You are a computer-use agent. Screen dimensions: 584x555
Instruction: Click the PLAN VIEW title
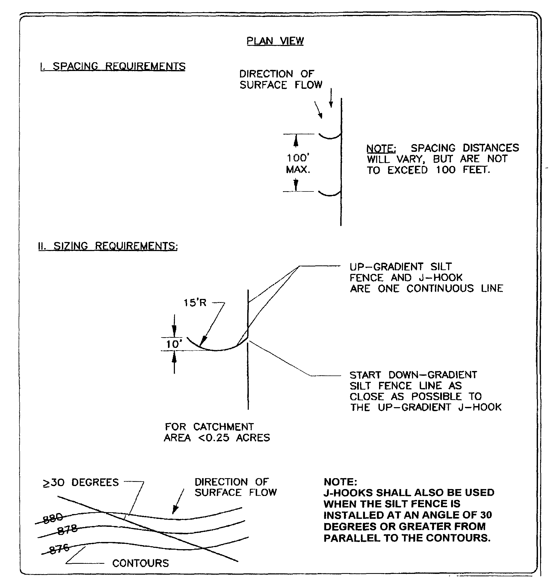pos(275,41)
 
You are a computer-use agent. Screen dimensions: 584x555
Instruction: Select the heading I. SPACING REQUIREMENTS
pos(113,66)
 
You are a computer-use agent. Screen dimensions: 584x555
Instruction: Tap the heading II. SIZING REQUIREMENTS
pos(108,246)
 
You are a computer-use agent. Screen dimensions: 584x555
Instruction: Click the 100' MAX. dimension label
pos(298,163)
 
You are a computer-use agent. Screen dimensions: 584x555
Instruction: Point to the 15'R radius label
pos(195,303)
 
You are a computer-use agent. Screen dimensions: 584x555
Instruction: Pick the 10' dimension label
pos(174,344)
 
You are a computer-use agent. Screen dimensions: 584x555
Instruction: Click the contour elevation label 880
pos(53,518)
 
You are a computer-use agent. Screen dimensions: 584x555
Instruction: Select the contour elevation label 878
pos(67,529)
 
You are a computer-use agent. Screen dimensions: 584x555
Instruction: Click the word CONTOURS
pos(141,563)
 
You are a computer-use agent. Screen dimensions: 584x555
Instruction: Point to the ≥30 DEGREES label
pos(81,482)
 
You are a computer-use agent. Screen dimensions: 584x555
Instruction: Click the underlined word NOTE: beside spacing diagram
pos(381,148)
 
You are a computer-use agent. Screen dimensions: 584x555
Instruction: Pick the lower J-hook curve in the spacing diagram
pos(329,194)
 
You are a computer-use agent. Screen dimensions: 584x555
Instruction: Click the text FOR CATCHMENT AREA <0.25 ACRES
pos(217,432)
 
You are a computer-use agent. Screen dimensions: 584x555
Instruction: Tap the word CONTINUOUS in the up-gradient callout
pos(440,288)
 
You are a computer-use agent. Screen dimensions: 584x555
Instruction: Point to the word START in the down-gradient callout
pos(365,375)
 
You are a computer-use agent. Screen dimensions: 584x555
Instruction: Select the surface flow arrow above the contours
pos(178,502)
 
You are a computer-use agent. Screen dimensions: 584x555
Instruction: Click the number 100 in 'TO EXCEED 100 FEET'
pos(445,170)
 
